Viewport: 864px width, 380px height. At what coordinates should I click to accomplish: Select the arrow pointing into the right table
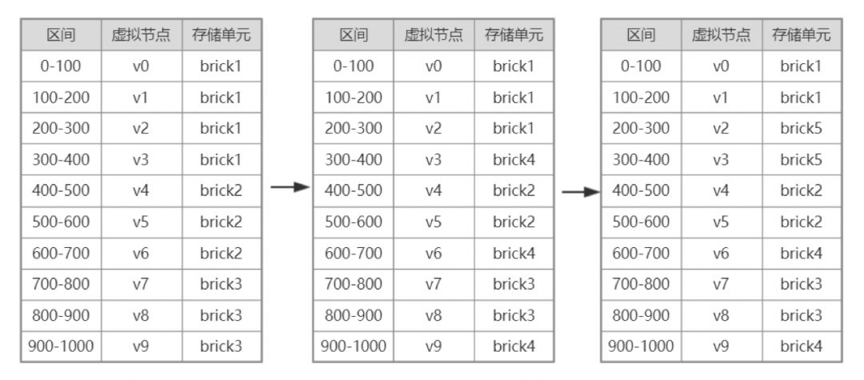click(580, 192)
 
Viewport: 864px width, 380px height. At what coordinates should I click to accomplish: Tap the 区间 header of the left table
click(61, 35)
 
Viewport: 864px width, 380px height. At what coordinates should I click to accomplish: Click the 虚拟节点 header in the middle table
click(434, 35)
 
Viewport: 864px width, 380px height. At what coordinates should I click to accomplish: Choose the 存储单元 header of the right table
click(801, 35)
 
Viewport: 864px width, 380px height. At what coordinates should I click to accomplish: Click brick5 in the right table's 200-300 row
click(801, 129)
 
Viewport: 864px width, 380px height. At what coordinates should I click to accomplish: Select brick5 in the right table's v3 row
click(801, 160)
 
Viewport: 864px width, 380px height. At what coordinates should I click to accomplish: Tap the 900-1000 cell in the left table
click(61, 347)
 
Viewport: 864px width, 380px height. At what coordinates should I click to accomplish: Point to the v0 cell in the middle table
click(434, 66)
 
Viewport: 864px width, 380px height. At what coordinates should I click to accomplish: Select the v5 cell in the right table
click(722, 222)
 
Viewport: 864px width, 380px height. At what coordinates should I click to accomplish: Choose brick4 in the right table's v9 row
click(801, 347)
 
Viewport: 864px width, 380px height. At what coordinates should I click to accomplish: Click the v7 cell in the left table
click(141, 285)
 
